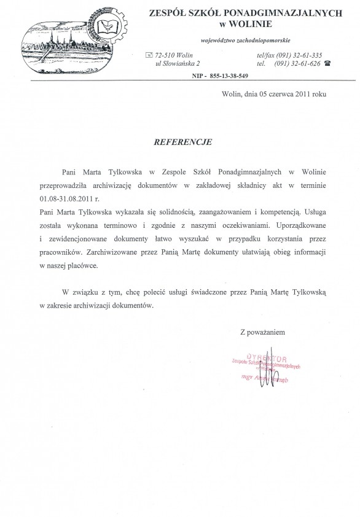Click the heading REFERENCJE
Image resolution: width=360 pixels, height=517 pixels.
click(x=182, y=141)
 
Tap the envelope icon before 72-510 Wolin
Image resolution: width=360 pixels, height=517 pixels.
click(x=149, y=55)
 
